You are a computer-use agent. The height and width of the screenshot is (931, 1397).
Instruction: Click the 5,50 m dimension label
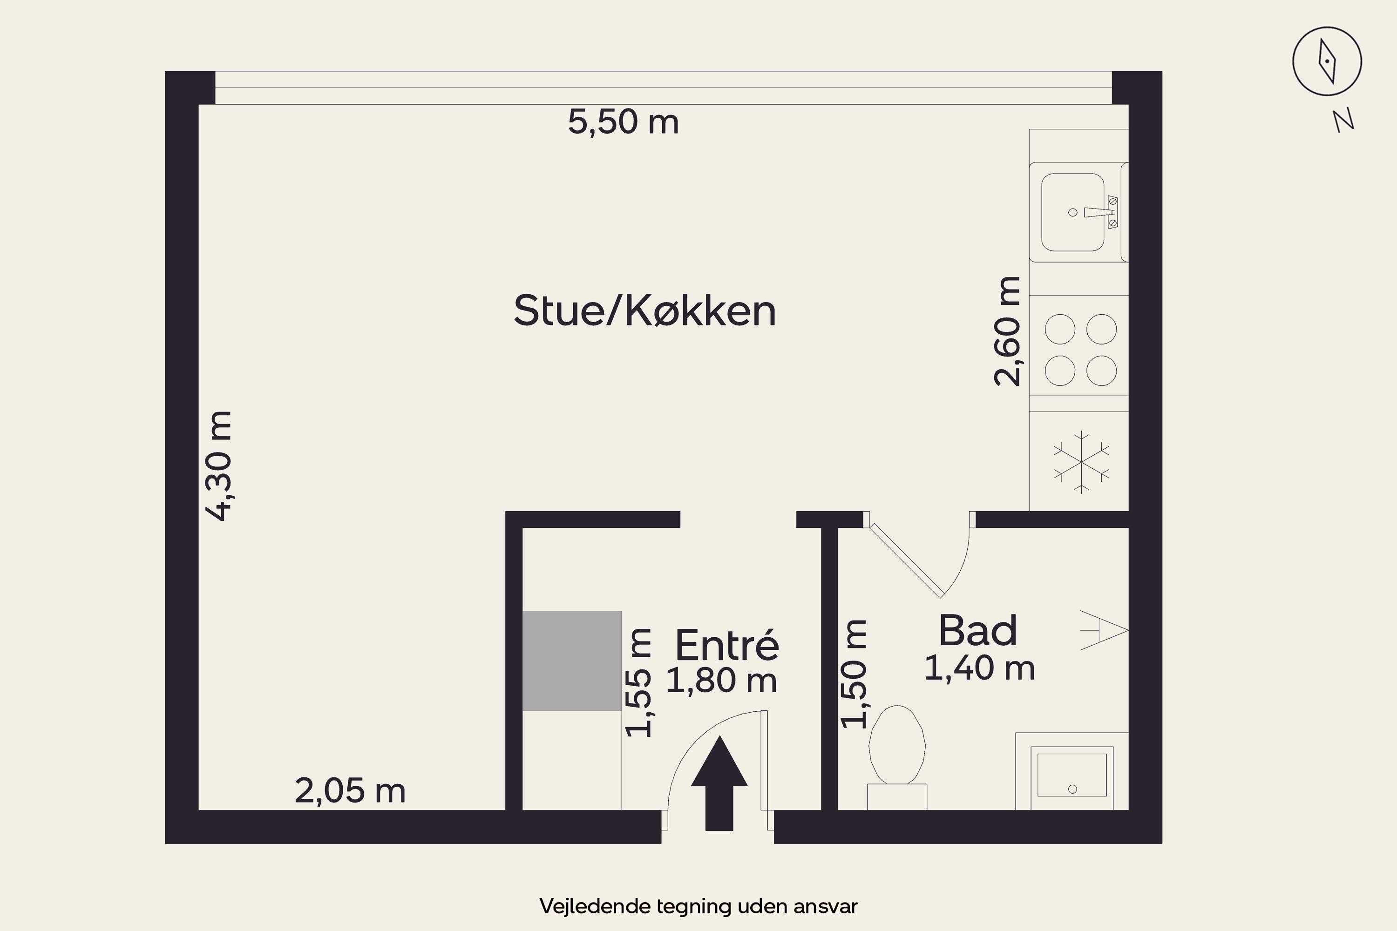point(623,121)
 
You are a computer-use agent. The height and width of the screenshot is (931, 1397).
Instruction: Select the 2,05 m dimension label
point(350,791)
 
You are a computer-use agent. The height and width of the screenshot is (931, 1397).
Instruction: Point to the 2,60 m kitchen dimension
point(1007,331)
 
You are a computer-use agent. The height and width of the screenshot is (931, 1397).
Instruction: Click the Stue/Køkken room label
point(644,310)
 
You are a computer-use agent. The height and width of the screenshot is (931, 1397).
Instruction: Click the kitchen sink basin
point(1073,212)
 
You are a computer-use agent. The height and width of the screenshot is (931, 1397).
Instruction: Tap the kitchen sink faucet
point(1102,212)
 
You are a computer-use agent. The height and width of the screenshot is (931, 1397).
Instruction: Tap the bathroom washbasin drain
point(1072,789)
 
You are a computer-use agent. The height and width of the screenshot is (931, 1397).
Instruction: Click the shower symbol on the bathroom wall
point(1104,630)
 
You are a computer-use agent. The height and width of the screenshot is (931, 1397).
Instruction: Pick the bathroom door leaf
point(905,561)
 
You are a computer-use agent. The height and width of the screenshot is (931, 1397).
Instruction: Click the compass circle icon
point(1327,61)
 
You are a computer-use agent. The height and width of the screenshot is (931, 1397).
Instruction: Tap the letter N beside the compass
point(1343,121)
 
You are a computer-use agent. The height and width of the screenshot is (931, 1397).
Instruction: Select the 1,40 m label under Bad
point(979,668)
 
